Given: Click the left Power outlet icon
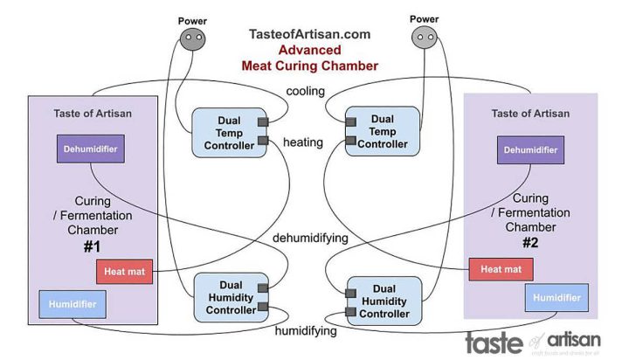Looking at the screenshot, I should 192,38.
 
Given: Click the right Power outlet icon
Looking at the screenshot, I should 425,38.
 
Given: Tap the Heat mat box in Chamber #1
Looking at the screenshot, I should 125,272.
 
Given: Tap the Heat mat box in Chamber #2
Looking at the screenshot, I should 500,270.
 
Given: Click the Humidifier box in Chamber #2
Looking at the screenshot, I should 556,297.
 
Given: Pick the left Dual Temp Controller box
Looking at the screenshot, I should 224,132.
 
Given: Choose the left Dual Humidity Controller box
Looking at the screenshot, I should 225,296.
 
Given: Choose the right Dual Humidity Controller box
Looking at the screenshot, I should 384,301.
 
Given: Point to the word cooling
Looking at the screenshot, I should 306,91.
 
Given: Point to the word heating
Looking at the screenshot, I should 303,142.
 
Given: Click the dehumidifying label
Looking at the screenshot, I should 309,238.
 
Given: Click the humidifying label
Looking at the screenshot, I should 306,332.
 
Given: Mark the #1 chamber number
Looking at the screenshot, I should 93,247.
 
